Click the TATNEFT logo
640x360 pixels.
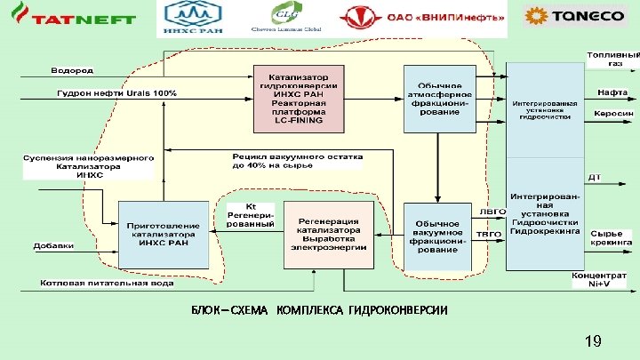[x=70, y=18]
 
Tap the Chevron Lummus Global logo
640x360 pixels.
[x=296, y=18]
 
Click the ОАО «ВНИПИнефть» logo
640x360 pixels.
[x=423, y=18]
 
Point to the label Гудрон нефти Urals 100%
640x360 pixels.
[x=116, y=93]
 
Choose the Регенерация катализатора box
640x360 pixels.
[x=328, y=234]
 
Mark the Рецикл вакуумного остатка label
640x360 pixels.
[x=299, y=160]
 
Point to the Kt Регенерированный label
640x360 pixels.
[x=251, y=214]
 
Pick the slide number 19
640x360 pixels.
[x=594, y=340]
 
